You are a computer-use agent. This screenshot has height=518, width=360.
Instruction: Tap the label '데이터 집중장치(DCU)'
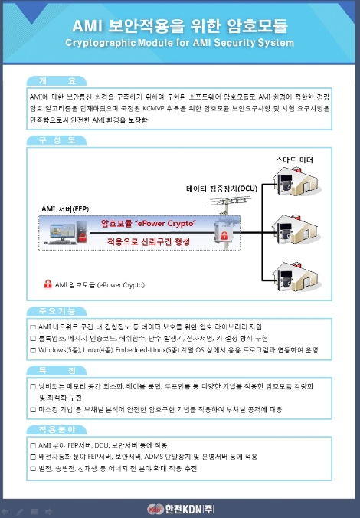click(x=221, y=188)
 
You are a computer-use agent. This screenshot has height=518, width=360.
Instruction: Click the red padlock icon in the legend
click(x=47, y=284)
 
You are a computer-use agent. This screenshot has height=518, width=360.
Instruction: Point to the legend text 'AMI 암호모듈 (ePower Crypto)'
click(x=100, y=284)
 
